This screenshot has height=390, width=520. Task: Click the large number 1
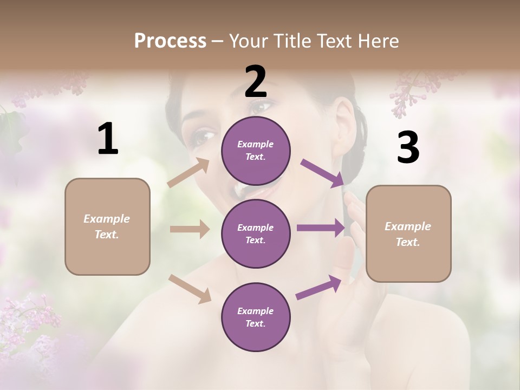coord(108,139)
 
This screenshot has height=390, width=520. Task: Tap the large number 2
coord(256,82)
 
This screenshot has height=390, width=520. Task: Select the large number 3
coord(408,148)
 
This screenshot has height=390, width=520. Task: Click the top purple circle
coord(256,151)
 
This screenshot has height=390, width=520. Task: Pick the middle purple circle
coord(256,233)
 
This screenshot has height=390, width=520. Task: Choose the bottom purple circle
coord(256,317)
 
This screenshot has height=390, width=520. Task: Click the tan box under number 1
coord(107,226)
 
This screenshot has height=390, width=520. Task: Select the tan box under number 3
coord(408,233)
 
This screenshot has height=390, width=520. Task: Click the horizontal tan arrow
coord(190,229)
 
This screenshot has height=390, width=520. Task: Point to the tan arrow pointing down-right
coord(190,288)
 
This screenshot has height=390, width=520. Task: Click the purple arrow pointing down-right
coord(323,173)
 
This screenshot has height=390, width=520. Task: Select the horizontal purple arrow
coord(321,228)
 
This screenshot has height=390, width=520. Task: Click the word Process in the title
coord(170,41)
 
